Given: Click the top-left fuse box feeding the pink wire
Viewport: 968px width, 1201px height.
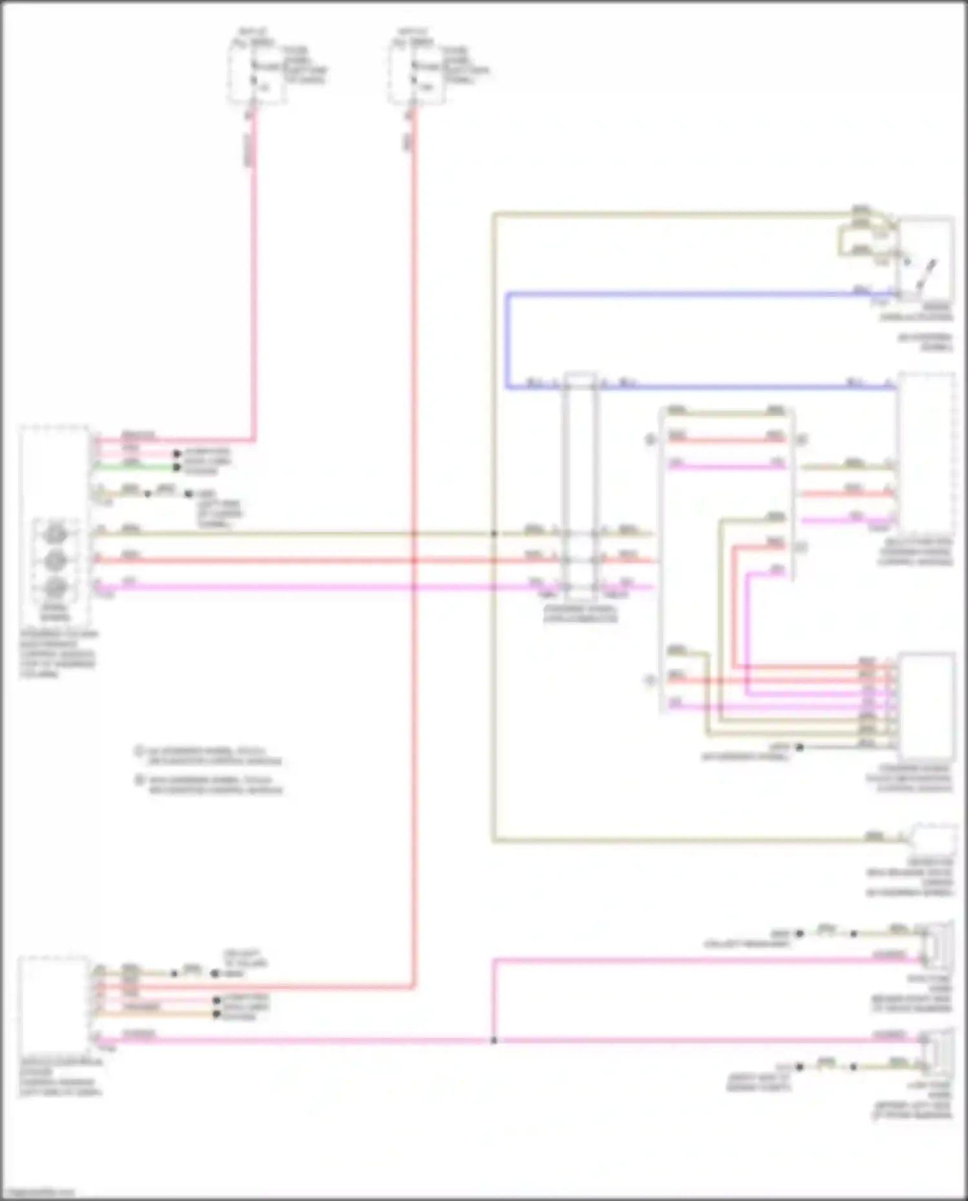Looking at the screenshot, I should tap(257, 71).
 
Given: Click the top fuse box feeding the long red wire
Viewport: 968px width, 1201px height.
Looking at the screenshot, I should tap(416, 71).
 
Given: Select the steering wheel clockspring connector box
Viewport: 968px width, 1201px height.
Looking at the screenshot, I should tap(580, 484).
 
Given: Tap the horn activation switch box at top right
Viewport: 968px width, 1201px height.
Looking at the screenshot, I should tap(925, 258).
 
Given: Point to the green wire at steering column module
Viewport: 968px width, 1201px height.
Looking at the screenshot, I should tap(136, 464).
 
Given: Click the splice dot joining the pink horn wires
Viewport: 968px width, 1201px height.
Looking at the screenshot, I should tap(494, 1040).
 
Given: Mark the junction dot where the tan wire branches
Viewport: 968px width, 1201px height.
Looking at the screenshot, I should tap(494, 534).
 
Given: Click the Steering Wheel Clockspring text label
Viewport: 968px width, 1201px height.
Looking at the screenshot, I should tap(580, 614).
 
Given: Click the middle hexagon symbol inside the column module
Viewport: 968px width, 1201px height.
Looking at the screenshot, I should tap(55, 561).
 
